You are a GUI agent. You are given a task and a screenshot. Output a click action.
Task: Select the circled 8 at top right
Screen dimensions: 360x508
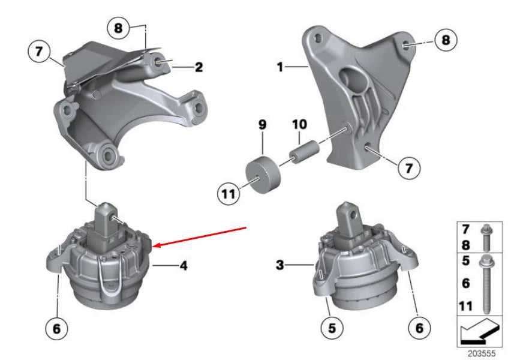(x=445, y=41)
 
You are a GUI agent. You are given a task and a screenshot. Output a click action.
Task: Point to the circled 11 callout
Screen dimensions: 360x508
(x=228, y=193)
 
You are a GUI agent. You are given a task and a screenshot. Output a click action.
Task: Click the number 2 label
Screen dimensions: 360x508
(x=198, y=67)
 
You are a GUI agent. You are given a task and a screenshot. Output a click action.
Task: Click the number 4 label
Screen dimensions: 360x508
(x=183, y=265)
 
